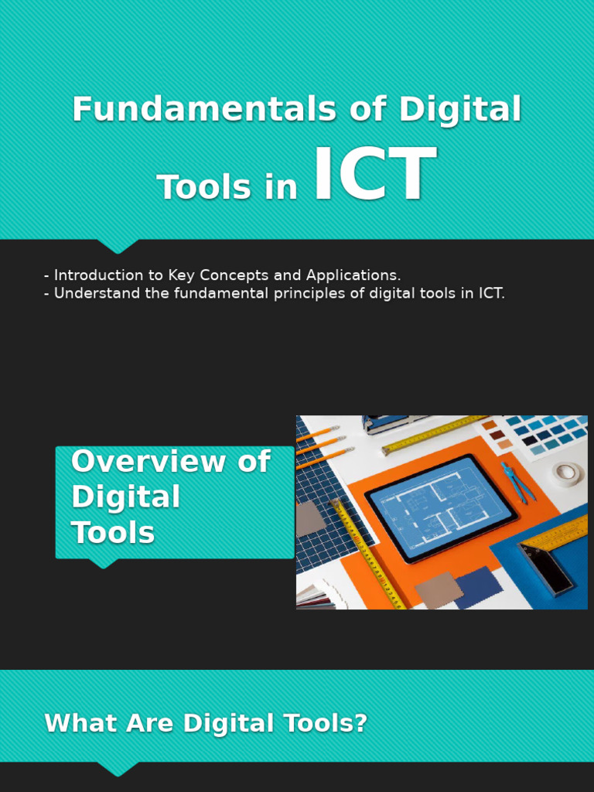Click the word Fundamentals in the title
pos(202,109)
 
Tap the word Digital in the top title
pos(460,109)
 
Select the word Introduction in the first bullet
pos(98,275)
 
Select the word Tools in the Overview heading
pos(113,532)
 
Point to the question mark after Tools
pos(360,724)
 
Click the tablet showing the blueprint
pos(441,508)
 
